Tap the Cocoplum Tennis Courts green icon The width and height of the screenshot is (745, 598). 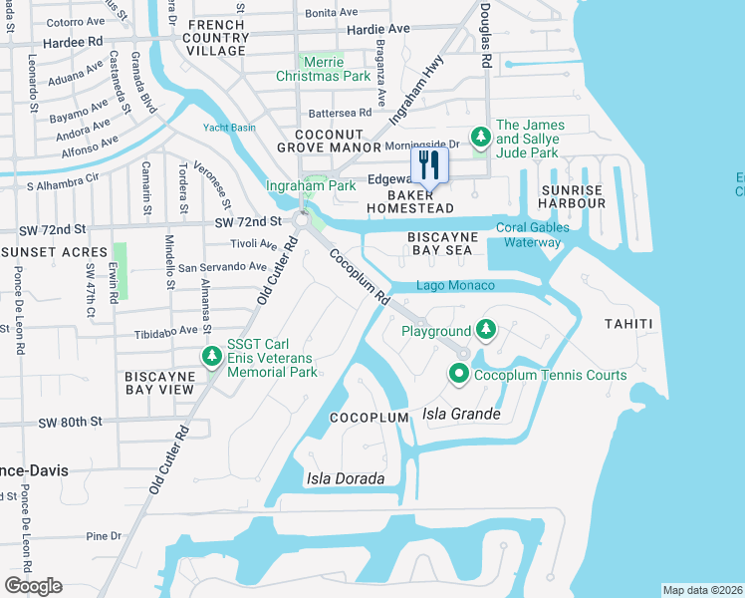click(459, 375)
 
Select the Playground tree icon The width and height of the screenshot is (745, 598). click(485, 330)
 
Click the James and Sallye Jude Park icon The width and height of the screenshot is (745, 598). click(481, 135)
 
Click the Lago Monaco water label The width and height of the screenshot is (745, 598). click(456, 286)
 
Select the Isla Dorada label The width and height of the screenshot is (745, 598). click(346, 478)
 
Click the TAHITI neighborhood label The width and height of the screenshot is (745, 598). click(627, 324)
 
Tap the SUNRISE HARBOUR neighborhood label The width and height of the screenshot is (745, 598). click(573, 196)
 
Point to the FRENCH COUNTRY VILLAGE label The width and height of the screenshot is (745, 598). click(216, 37)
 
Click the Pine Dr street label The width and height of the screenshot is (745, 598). click(103, 536)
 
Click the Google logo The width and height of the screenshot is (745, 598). click(34, 585)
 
